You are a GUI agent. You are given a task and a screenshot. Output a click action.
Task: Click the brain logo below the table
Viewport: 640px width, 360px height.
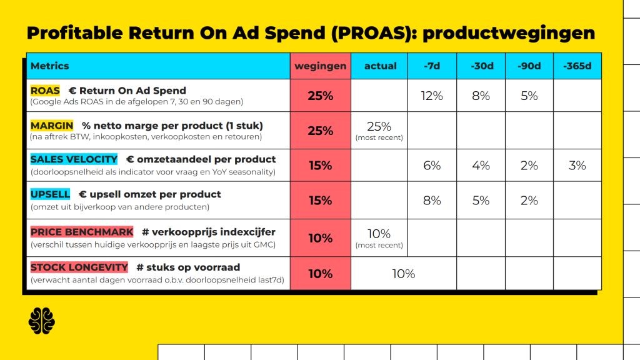42,321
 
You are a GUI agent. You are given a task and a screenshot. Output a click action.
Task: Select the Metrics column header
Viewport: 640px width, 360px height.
50,66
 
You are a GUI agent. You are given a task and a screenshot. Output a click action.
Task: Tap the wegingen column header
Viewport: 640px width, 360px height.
321,66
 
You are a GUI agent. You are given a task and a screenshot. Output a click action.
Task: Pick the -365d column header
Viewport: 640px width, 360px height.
577,66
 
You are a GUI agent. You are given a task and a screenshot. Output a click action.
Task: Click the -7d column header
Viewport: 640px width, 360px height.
432,66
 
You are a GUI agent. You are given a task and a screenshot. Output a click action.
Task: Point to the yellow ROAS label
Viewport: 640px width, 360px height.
45,91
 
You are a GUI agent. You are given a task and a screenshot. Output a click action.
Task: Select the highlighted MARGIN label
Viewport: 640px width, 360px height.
52,126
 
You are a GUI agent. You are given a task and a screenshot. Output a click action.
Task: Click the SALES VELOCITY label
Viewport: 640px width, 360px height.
74,159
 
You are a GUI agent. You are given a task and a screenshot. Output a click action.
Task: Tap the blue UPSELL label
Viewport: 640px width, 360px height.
50,194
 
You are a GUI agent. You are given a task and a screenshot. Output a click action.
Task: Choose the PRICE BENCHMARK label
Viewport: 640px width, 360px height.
82,232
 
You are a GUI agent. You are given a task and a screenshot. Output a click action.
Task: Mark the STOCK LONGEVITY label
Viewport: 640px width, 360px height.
79,267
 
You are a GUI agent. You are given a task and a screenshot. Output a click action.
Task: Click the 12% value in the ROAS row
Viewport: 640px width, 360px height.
432,96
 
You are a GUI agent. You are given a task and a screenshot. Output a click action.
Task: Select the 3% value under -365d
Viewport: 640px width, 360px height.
577,165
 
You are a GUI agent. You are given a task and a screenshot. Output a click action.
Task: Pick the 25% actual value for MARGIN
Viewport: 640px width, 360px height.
379,126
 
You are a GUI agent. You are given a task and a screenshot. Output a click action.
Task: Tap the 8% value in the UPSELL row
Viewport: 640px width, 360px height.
432,201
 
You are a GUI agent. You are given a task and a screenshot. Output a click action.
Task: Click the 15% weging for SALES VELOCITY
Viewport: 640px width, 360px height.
321,165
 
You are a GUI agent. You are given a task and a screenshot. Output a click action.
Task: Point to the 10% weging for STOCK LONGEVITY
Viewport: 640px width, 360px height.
321,274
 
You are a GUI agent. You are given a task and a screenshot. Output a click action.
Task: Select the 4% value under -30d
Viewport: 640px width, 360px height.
481,165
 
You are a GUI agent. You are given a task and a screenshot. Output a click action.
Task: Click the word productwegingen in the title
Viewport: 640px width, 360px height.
509,33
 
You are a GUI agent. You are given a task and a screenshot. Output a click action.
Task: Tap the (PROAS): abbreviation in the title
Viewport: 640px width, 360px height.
374,33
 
